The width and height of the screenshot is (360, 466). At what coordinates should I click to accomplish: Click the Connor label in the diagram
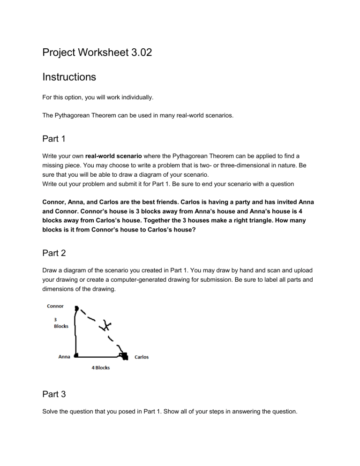point(55,306)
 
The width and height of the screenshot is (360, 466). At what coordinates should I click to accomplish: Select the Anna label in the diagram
point(64,357)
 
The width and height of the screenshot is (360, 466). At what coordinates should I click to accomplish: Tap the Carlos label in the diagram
point(142,357)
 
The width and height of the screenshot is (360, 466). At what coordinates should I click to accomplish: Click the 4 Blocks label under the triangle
point(101,368)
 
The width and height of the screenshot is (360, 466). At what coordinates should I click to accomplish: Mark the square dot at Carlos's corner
point(124,357)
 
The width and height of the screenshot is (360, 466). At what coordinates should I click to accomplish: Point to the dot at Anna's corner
point(75,356)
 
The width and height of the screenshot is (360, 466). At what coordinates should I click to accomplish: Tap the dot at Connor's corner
point(76,308)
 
